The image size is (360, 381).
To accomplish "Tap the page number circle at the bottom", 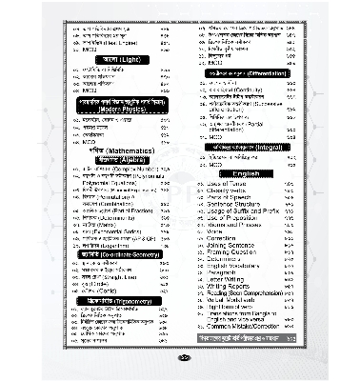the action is click(180, 359).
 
